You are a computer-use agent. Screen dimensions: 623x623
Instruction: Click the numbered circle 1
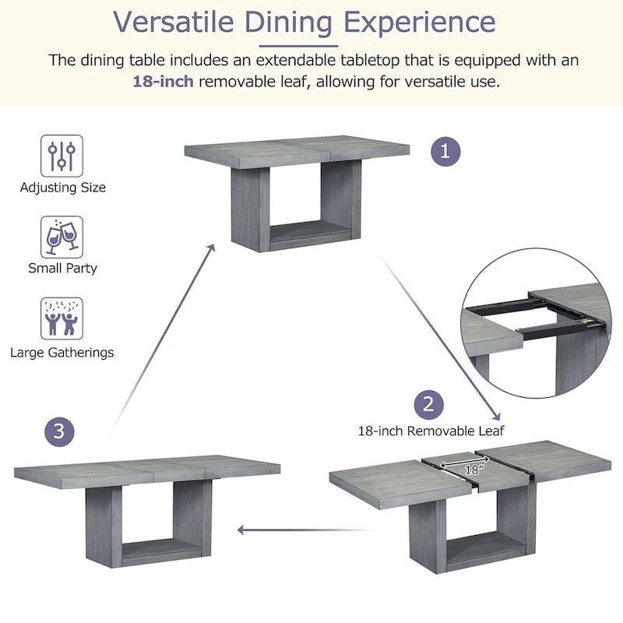point(445,151)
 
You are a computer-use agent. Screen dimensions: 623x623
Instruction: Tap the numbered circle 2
point(429,404)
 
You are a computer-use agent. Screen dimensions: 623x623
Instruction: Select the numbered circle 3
point(59,431)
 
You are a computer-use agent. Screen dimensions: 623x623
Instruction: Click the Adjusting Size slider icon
point(62,156)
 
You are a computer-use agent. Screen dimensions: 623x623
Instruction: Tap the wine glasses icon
point(62,238)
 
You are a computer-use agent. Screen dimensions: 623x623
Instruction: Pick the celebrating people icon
point(62,319)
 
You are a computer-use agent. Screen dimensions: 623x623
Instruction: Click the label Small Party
point(63,268)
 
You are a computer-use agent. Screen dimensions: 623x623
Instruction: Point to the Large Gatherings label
point(62,353)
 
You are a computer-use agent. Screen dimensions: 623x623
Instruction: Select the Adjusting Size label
point(63,188)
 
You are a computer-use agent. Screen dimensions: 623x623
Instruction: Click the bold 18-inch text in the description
point(163,82)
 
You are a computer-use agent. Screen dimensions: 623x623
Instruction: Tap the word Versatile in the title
point(173,22)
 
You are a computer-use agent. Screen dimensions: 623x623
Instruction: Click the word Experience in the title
point(420,23)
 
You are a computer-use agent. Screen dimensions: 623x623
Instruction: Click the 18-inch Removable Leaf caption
point(431,431)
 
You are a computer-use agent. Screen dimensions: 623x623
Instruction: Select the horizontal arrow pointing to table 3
point(302,530)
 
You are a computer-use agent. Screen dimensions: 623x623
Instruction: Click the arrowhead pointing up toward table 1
point(211,248)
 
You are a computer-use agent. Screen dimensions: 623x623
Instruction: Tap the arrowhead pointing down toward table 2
point(496,416)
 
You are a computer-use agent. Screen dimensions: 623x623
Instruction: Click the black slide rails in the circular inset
point(536,317)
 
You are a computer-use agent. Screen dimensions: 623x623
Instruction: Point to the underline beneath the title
point(298,46)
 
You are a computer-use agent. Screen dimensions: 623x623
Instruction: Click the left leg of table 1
point(250,209)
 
